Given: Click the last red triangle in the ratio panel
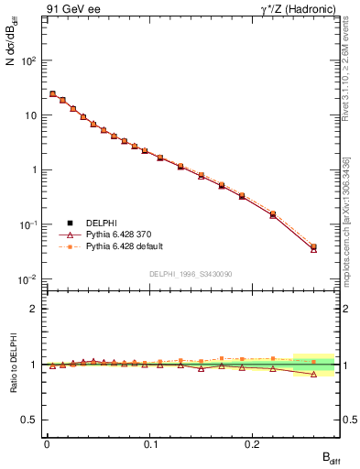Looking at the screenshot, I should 314,374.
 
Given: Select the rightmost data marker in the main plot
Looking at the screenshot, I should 314,247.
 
